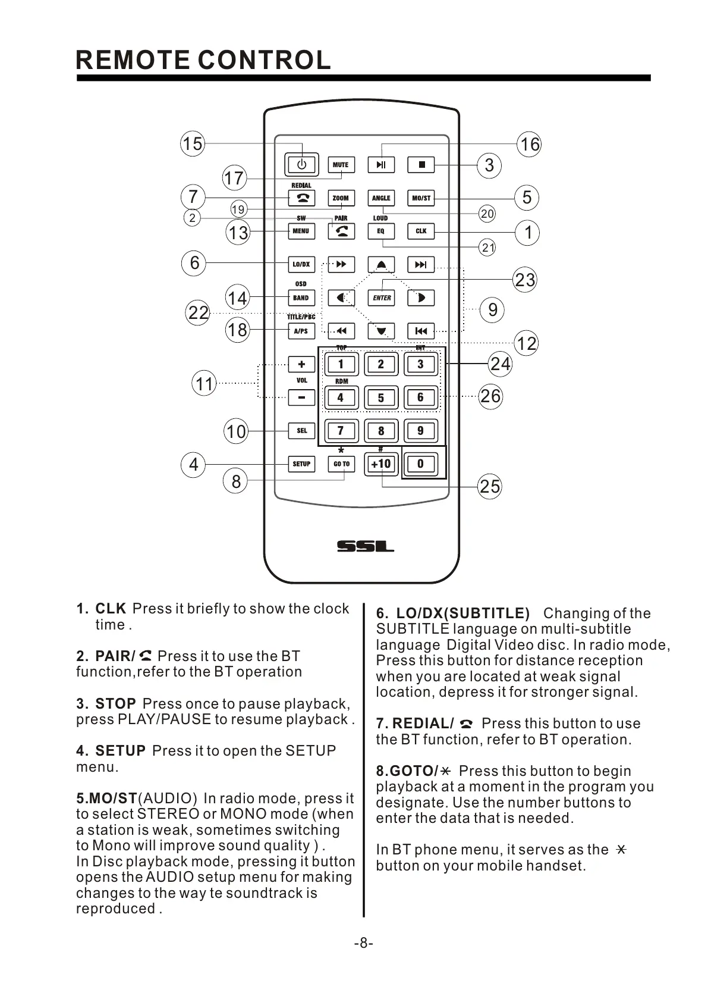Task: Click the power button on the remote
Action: [x=302, y=164]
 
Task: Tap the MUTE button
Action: [x=341, y=165]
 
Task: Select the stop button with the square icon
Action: [x=421, y=165]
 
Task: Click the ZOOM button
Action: [x=341, y=198]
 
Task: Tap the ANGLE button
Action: [x=381, y=198]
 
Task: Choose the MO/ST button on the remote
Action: [x=421, y=198]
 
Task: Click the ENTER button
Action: [x=382, y=298]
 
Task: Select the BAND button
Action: [x=301, y=298]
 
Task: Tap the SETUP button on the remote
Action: [x=301, y=464]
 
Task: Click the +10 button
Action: [x=381, y=464]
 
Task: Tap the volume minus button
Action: [x=301, y=397]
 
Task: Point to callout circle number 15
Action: [x=192, y=144]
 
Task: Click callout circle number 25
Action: [x=490, y=487]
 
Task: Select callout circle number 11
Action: [x=204, y=384]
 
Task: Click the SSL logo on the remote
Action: [x=365, y=546]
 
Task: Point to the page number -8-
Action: [x=363, y=943]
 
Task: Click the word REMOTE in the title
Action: [x=133, y=60]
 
